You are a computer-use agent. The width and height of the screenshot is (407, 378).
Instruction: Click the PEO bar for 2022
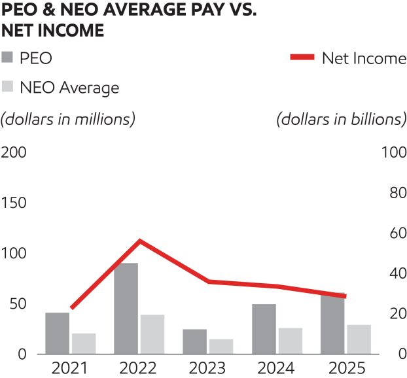pyautogui.click(x=126, y=308)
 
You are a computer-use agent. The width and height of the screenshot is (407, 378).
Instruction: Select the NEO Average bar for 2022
pyautogui.click(x=152, y=334)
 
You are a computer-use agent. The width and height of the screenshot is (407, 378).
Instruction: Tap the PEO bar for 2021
pyautogui.click(x=58, y=333)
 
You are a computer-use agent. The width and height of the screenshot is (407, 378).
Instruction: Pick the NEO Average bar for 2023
pyautogui.click(x=221, y=347)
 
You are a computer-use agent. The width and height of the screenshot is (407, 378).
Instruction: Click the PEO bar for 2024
pyautogui.click(x=264, y=329)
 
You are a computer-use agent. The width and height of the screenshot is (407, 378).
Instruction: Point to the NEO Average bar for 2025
pyautogui.click(x=359, y=339)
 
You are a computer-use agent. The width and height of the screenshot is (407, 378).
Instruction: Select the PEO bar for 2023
pyautogui.click(x=194, y=341)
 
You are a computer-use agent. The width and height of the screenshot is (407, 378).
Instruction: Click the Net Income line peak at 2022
pyautogui.click(x=139, y=241)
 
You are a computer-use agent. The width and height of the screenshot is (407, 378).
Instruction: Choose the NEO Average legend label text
pyautogui.click(x=69, y=87)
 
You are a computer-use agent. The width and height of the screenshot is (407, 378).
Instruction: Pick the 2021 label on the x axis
pyautogui.click(x=71, y=368)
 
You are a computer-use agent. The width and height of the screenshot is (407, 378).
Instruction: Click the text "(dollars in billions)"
pyautogui.click(x=341, y=120)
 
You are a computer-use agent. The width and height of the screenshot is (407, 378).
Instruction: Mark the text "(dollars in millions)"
pyautogui.click(x=68, y=120)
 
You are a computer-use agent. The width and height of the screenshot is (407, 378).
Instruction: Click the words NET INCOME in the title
pyautogui.click(x=53, y=30)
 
